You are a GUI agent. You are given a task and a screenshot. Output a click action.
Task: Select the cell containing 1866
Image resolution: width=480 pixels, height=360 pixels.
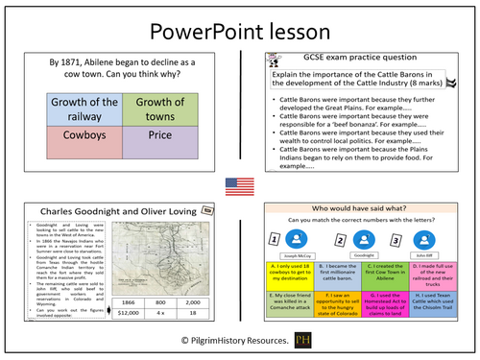coord(128,299)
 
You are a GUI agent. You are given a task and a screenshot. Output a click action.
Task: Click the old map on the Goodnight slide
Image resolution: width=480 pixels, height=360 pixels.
coord(159,253)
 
